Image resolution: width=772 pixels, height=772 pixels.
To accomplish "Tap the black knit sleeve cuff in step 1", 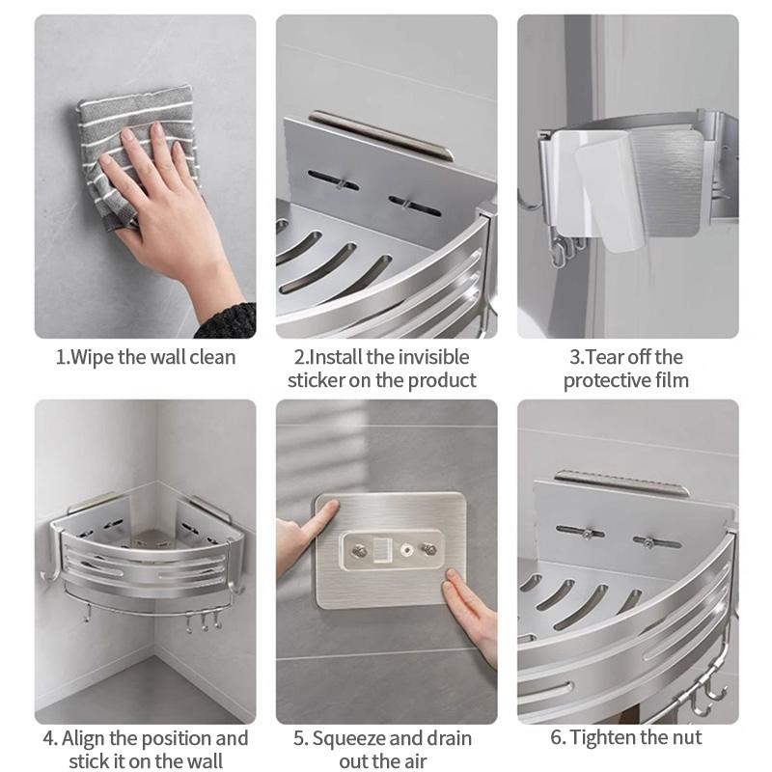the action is tap(228, 322).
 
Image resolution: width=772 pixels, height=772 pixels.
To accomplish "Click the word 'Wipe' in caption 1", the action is tap(92, 357).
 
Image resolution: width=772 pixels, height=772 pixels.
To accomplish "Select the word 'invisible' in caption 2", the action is tap(433, 357).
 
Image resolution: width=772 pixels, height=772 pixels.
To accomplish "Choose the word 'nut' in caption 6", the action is tap(687, 737).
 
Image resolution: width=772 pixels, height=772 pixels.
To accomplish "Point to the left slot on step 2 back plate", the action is tap(333, 180).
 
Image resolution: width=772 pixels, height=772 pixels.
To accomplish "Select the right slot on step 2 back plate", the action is tap(415, 206).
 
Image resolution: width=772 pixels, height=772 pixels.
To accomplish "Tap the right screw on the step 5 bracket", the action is tap(427, 548).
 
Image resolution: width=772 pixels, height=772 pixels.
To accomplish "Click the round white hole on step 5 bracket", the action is tap(406, 549).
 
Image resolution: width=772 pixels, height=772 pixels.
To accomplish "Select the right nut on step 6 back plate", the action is tap(648, 542).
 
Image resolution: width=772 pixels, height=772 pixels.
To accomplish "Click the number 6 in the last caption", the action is tap(556, 737).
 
